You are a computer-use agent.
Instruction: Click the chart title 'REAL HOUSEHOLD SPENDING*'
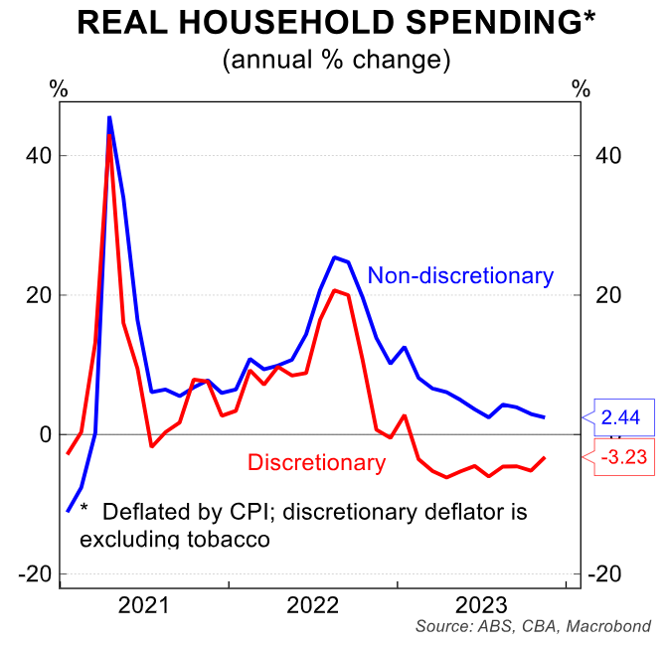pyautogui.click(x=333, y=23)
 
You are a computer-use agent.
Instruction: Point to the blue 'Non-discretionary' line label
pyautogui.click(x=460, y=275)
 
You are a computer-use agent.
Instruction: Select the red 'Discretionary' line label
pyautogui.click(x=316, y=462)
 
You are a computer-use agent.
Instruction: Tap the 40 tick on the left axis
pyautogui.click(x=38, y=156)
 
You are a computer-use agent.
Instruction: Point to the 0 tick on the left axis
pyautogui.click(x=44, y=434)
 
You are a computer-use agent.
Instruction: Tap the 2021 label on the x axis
pyautogui.click(x=144, y=605)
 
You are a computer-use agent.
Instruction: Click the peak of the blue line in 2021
pyautogui.click(x=108, y=117)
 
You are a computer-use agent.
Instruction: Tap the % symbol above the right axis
pyautogui.click(x=581, y=88)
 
